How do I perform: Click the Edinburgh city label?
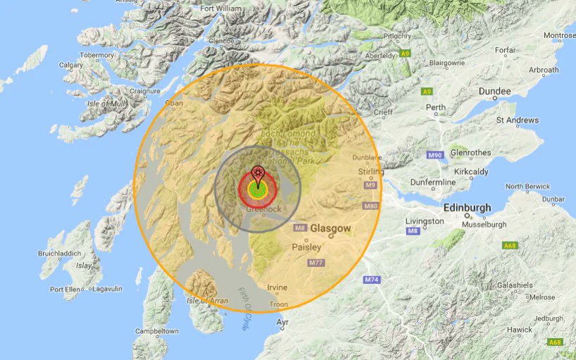(467, 209)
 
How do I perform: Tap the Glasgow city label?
(330, 229)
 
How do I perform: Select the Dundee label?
(494, 92)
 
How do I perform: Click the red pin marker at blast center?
(258, 174)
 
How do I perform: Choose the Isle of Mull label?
(106, 104)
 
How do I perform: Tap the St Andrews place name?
(518, 120)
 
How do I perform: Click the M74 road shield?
(372, 280)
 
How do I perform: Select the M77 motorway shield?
(316, 263)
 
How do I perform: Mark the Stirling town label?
(370, 171)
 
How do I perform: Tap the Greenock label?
(263, 209)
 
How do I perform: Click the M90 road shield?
(435, 155)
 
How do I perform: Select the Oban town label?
(173, 103)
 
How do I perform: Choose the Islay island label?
(84, 266)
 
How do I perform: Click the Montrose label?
(559, 35)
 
